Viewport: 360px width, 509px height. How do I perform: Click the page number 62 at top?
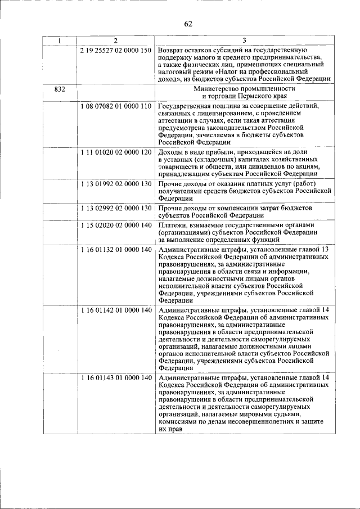pyautogui.click(x=188, y=23)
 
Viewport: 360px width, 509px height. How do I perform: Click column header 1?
pyautogui.click(x=60, y=40)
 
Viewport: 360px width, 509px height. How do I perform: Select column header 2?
pyautogui.click(x=115, y=40)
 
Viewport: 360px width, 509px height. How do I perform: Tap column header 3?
pyautogui.click(x=244, y=40)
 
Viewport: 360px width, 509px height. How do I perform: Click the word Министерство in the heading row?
pyautogui.click(x=216, y=89)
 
